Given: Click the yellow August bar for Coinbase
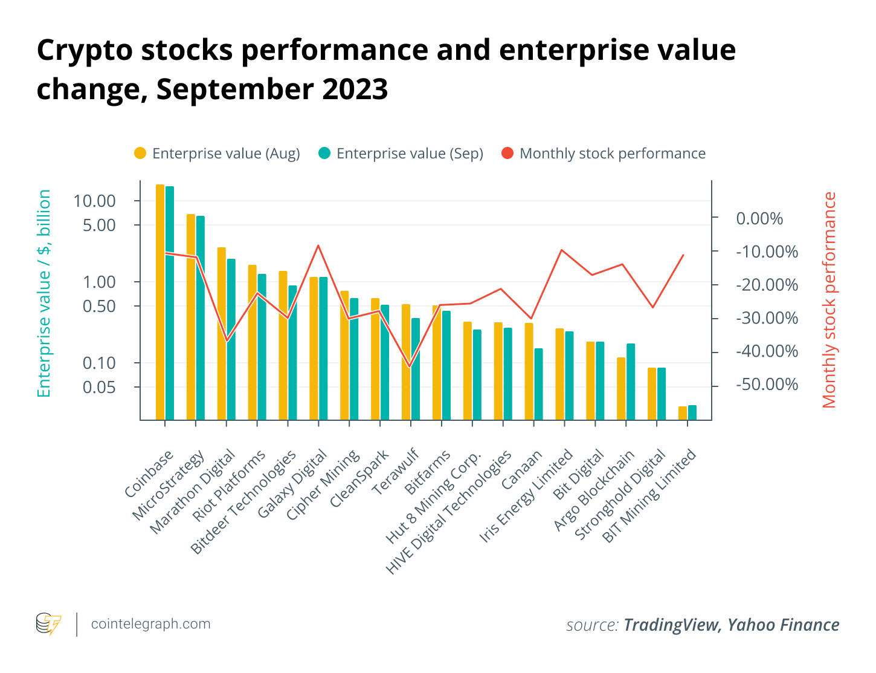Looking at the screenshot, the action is click(160, 302).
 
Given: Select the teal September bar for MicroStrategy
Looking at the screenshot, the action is click(201, 318).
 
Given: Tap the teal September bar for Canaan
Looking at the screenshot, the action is click(538, 384).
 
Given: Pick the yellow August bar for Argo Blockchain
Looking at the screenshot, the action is click(621, 389).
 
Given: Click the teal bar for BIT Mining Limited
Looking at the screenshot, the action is click(692, 412).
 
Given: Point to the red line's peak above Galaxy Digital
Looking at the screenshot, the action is click(318, 245).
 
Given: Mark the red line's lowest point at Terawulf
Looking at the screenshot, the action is click(410, 367).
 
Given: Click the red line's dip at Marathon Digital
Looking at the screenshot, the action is click(227, 341).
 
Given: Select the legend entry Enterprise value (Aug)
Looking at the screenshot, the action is click(217, 154).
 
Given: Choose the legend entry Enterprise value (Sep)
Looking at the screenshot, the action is click(401, 154).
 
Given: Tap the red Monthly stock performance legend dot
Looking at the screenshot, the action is click(507, 154).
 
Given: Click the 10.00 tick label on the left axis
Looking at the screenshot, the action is click(94, 201).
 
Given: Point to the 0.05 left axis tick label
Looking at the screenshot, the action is click(98, 388).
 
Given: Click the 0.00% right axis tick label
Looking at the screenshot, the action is click(759, 219).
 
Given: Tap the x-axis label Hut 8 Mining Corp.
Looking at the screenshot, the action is click(434, 496).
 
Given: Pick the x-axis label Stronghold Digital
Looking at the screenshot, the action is click(620, 494).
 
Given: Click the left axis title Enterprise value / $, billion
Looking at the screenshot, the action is click(43, 293).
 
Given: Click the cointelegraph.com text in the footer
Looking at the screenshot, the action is click(151, 624).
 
